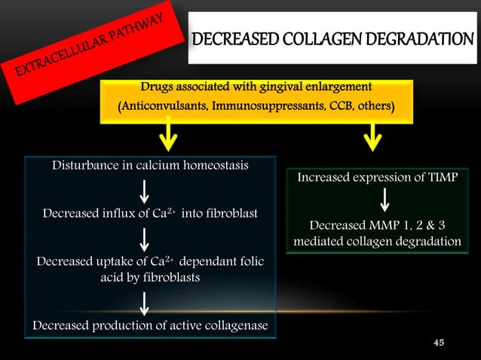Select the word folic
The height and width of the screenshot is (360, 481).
coord(249,261)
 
